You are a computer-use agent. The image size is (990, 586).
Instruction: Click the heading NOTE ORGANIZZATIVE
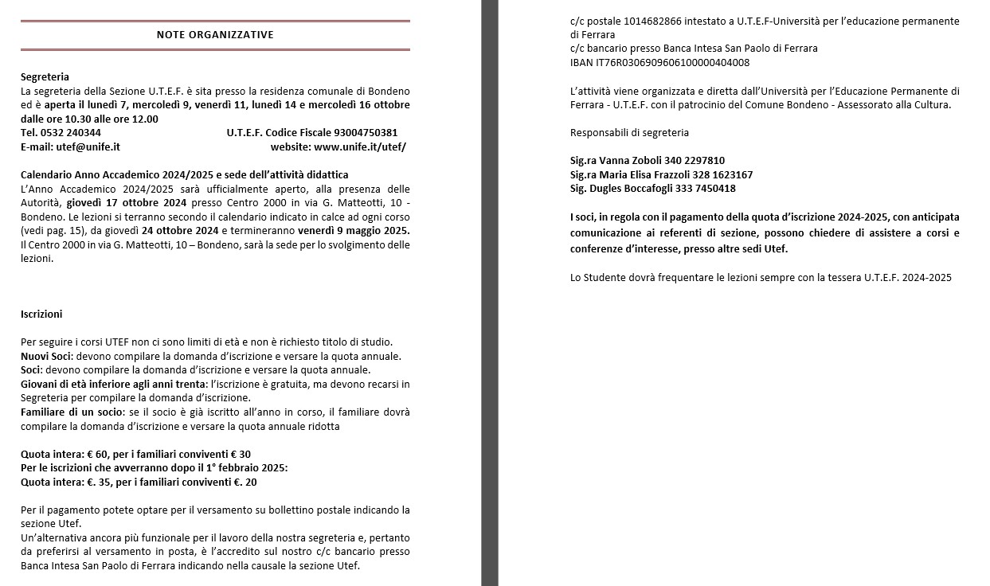[215, 34]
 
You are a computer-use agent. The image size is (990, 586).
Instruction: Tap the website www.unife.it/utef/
[360, 147]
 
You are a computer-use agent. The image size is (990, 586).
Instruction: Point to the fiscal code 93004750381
[366, 133]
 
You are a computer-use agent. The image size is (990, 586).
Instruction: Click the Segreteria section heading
[45, 77]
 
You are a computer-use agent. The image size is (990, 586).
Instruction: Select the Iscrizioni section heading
[41, 314]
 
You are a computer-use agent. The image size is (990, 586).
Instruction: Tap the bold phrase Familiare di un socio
[72, 412]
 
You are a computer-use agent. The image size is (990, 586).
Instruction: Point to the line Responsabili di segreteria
[629, 133]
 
